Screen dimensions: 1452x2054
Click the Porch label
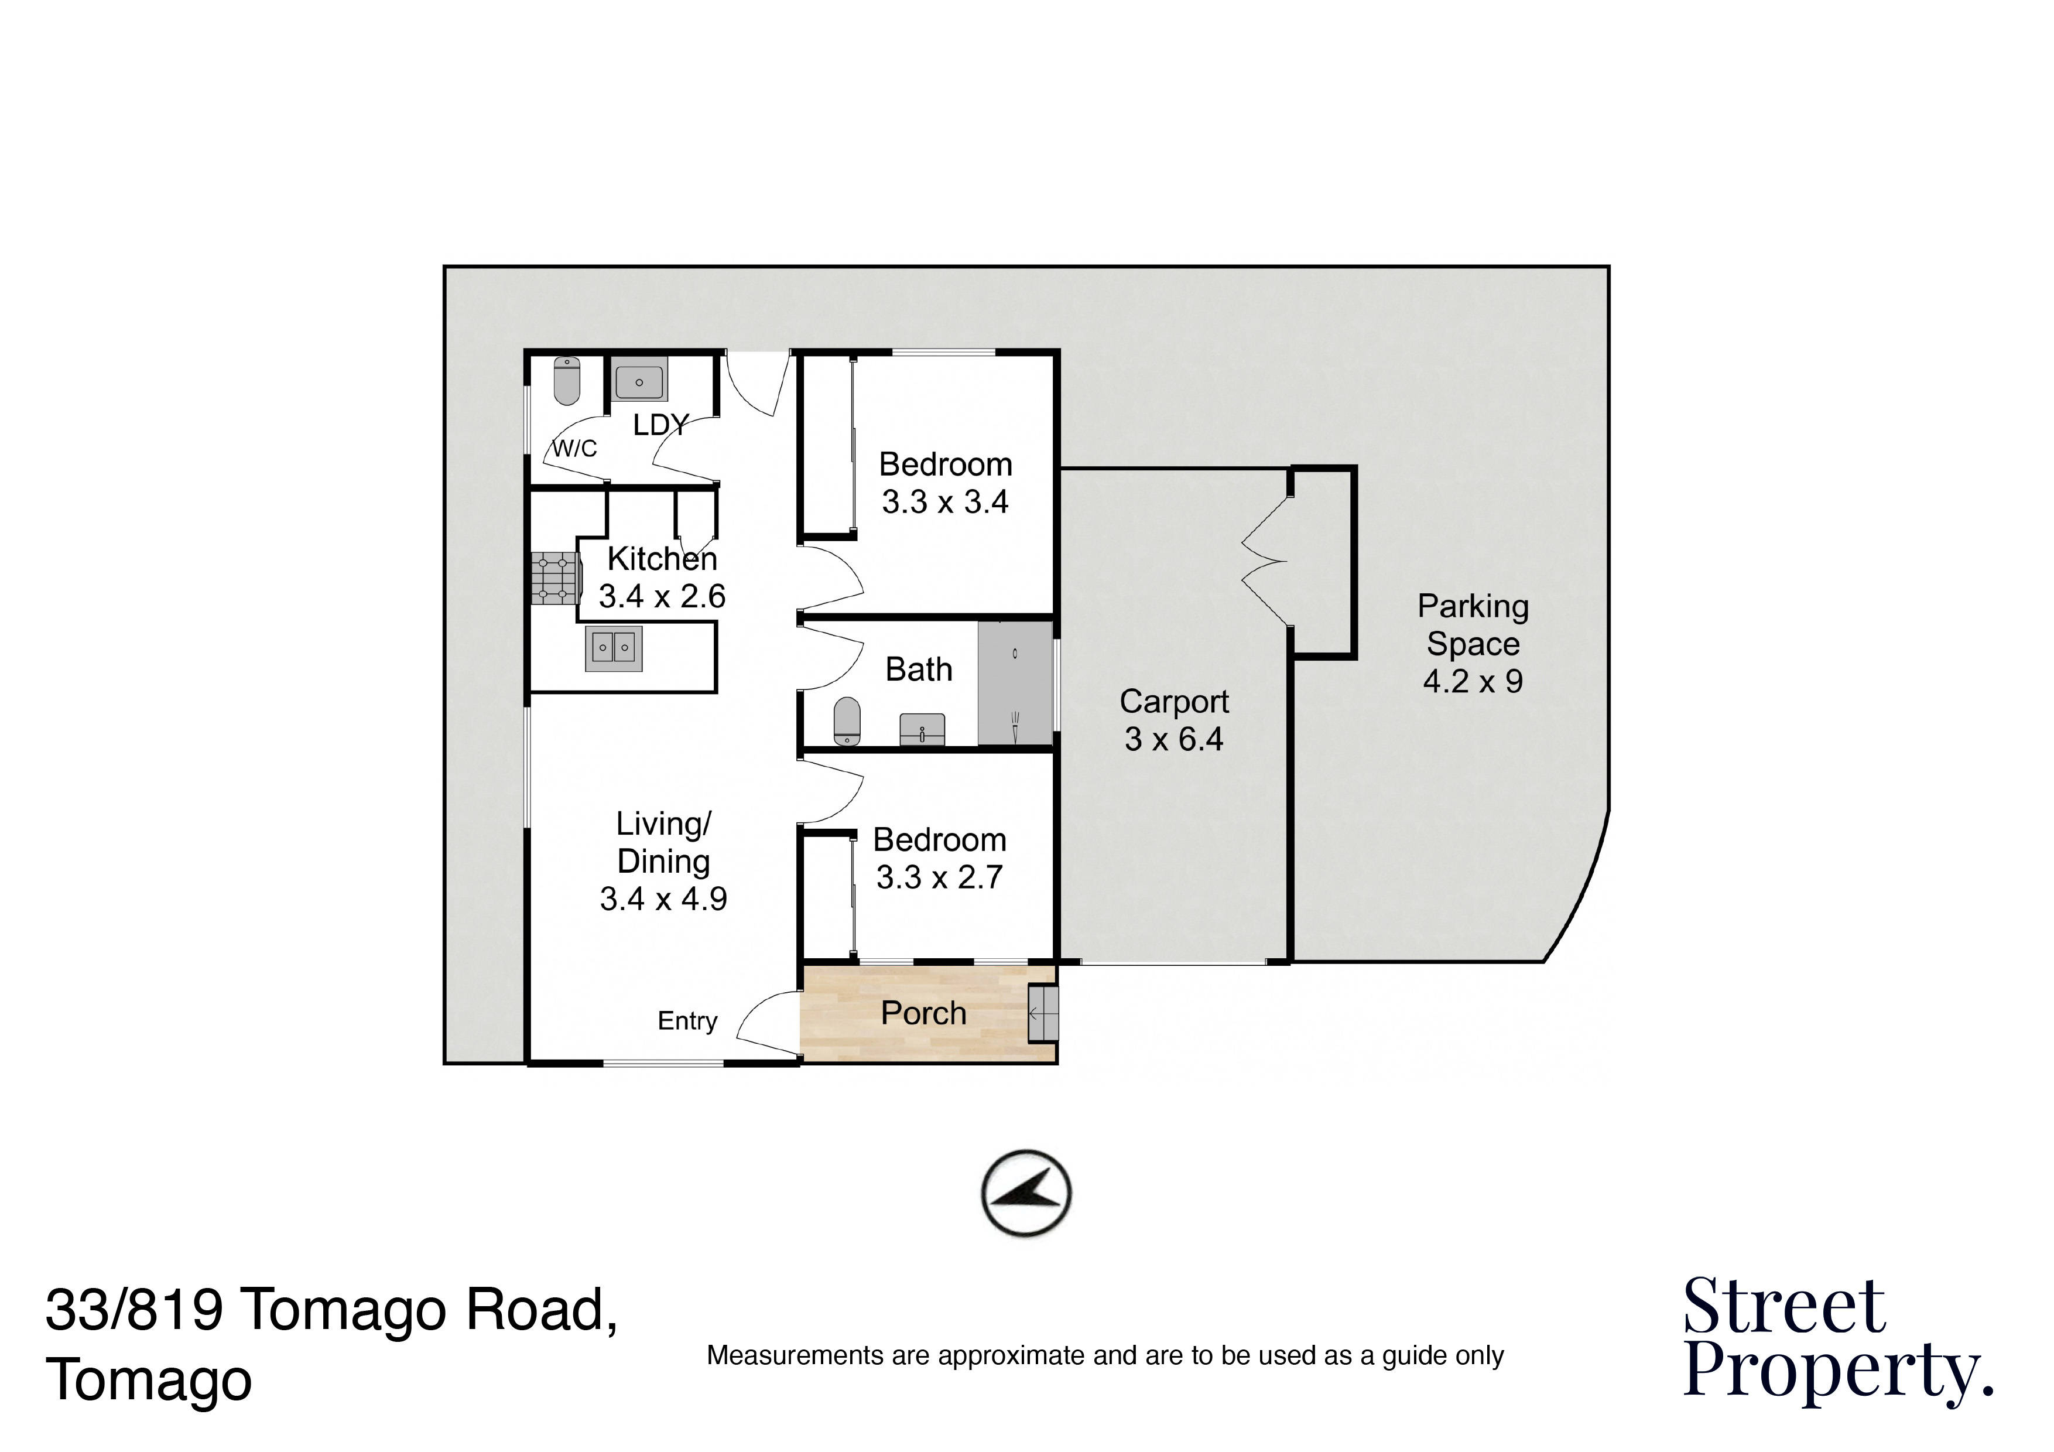(923, 1014)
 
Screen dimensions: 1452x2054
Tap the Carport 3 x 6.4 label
(1174, 720)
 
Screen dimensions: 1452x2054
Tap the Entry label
(687, 1021)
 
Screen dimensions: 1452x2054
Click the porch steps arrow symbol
(1042, 1014)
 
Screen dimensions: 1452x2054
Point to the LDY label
(661, 425)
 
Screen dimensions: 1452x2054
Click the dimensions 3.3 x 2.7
(939, 877)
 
